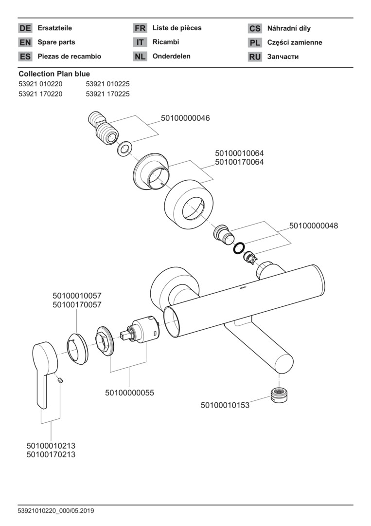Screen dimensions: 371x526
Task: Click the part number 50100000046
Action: coord(185,118)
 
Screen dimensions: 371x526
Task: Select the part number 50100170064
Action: coord(239,162)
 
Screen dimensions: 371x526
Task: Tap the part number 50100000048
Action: coord(314,225)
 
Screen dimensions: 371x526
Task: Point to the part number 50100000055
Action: coord(129,393)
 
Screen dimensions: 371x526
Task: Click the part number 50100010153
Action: coord(225,405)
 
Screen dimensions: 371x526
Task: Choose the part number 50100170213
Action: coord(51,454)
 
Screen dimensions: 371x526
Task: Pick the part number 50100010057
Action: coord(77,296)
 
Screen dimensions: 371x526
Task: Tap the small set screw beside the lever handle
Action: coord(60,379)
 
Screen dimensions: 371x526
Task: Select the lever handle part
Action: coord(45,374)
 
